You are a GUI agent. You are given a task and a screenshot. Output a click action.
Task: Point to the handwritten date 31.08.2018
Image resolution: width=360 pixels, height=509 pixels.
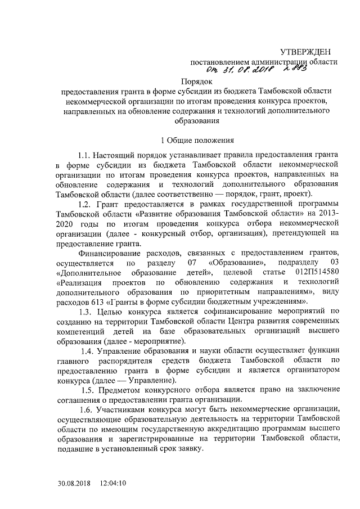[x=245, y=71]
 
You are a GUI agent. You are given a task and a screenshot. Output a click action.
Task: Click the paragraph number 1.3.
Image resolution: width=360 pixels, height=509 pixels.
[x=87, y=311]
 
